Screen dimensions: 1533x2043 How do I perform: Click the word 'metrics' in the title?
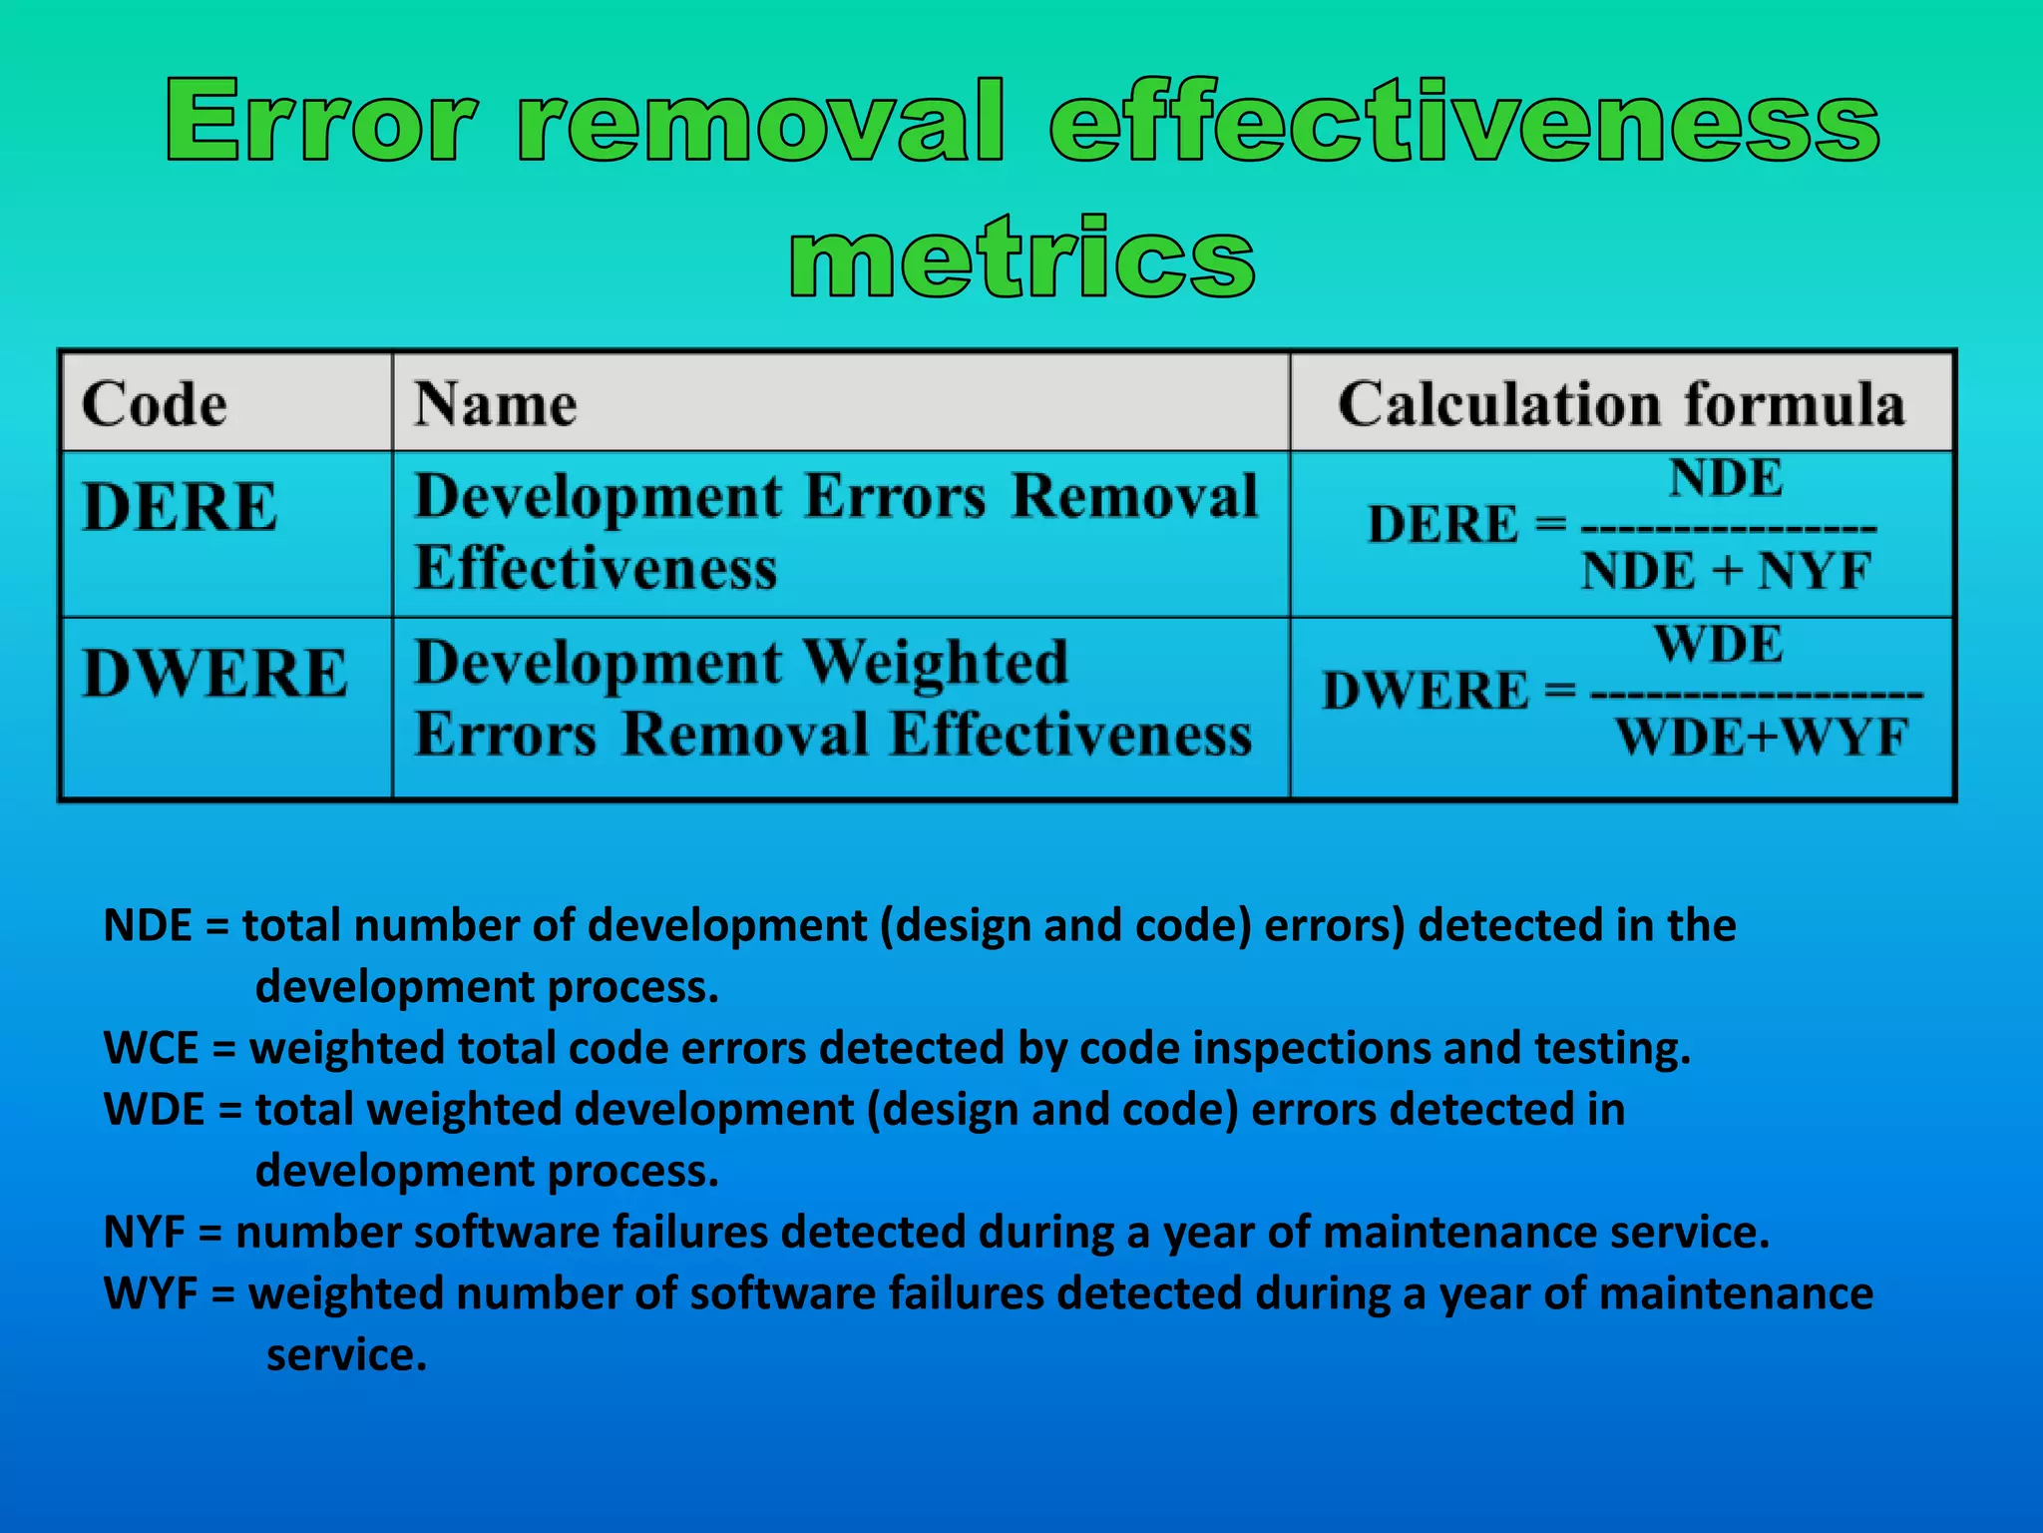click(1021, 259)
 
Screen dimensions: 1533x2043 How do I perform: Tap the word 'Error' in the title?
click(319, 122)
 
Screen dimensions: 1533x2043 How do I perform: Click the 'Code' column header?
click(155, 404)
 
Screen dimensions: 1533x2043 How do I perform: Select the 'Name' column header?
click(496, 404)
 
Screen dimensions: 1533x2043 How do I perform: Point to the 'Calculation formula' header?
click(1621, 404)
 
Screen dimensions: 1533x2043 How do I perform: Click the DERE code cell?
click(180, 506)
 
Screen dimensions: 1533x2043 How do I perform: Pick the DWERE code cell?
click(215, 673)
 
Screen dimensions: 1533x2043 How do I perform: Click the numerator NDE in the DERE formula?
click(1726, 477)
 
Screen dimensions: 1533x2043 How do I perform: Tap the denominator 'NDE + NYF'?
click(1726, 572)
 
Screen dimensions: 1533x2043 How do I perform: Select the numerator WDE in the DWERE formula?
click(1718, 644)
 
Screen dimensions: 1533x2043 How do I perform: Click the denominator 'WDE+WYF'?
click(1761, 739)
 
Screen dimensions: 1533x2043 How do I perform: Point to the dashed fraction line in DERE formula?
click(1729, 527)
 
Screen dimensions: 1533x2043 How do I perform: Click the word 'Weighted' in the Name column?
click(935, 664)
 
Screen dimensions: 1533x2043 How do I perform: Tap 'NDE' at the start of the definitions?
click(148, 926)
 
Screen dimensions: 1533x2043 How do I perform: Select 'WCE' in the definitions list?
click(151, 1048)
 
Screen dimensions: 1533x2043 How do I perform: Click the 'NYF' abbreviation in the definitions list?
click(145, 1233)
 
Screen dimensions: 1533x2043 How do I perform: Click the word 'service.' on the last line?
click(346, 1355)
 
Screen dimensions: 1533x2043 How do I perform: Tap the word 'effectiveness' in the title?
click(1464, 122)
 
